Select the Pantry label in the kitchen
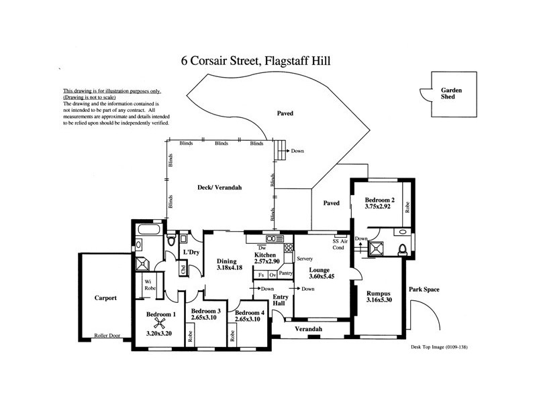pyautogui.click(x=285, y=273)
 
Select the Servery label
pyautogui.click(x=305, y=257)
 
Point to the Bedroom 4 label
pyautogui.click(x=248, y=312)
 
